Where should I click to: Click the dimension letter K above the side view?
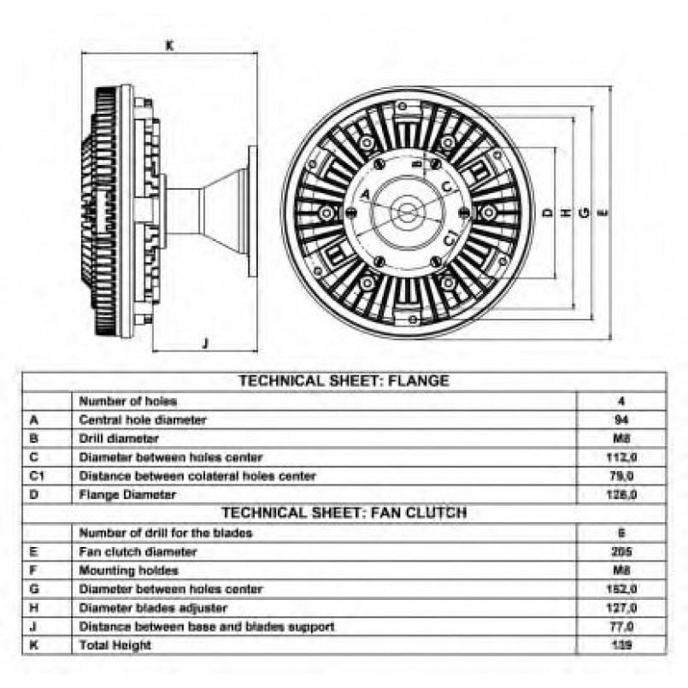(x=169, y=47)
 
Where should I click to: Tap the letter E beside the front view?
(x=604, y=210)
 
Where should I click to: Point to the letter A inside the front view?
(x=365, y=195)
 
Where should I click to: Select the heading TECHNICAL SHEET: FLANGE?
(x=343, y=381)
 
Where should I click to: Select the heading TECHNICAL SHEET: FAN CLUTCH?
(x=344, y=513)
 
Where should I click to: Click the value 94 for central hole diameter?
(x=621, y=419)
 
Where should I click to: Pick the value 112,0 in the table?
(x=621, y=456)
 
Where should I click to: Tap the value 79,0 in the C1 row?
(x=621, y=475)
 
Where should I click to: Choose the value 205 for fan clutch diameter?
(x=621, y=551)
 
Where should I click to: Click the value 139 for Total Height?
(x=621, y=645)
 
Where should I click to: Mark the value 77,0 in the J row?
(x=621, y=626)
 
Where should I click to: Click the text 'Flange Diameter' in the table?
(x=127, y=494)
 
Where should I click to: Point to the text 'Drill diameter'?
(x=119, y=438)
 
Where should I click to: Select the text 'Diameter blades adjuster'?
(x=153, y=608)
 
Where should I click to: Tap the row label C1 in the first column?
(x=37, y=475)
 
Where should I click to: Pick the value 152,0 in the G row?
(x=621, y=589)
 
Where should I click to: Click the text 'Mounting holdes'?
(x=128, y=570)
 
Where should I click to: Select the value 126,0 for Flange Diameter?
(x=621, y=494)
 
